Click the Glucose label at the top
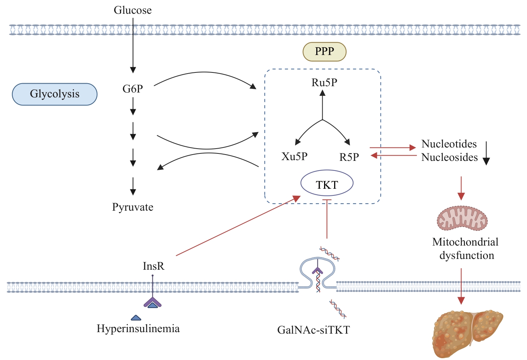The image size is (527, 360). point(133,10)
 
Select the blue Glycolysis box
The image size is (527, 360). point(55,94)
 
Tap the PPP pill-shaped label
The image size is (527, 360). point(324,52)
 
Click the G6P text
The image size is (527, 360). point(133,89)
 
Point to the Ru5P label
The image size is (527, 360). point(324,82)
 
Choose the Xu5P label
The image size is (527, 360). point(294,156)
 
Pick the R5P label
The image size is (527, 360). point(349,157)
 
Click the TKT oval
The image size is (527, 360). point(327,184)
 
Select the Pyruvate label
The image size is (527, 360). point(133,207)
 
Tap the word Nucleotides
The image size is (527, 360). point(449,144)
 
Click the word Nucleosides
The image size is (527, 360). point(449,157)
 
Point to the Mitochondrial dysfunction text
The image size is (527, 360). point(466,249)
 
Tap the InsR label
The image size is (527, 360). point(153,266)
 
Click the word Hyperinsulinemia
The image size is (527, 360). point(138,328)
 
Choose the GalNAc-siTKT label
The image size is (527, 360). point(314,330)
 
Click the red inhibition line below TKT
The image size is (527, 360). point(327,219)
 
